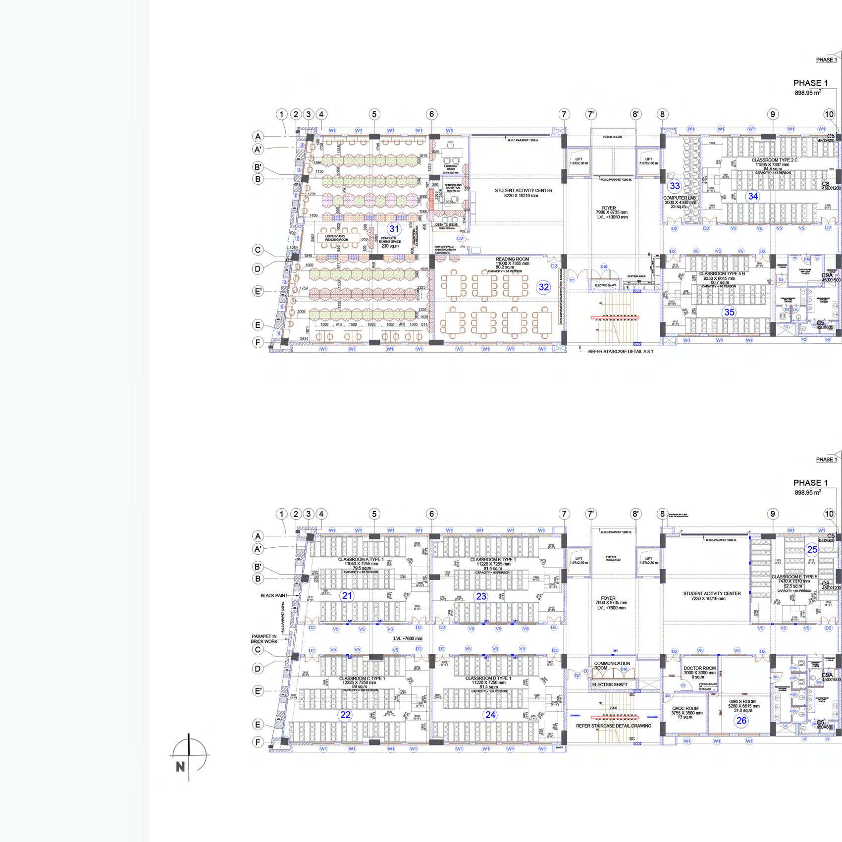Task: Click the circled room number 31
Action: point(394,229)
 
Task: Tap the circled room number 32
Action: point(544,287)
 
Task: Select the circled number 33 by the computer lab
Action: point(675,186)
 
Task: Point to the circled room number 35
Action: point(729,312)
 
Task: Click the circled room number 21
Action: point(347,595)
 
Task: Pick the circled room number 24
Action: point(490,714)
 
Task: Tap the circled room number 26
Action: point(741,721)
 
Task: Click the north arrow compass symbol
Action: point(189,756)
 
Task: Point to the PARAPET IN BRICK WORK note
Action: point(264,639)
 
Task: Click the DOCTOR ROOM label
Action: point(700,668)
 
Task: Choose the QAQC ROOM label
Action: point(685,708)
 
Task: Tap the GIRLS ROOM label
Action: point(742,701)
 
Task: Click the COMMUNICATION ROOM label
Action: point(612,665)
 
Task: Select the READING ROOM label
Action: point(513,259)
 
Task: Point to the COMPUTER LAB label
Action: point(680,198)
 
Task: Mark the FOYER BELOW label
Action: point(613,137)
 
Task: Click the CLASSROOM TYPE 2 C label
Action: point(775,160)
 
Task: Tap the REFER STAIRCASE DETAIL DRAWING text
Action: point(614,726)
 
